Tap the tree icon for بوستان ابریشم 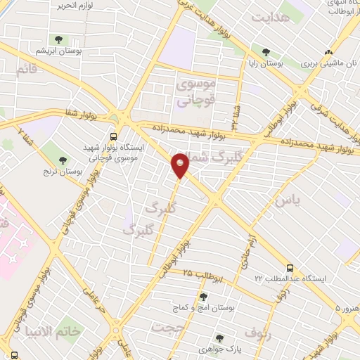point(56,39)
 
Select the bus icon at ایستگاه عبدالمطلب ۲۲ point(290,267)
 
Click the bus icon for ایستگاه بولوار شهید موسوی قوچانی point(113,137)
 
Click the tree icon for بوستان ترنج point(63,160)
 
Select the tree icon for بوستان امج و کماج point(203,296)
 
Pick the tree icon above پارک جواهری point(220,337)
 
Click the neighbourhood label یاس point(286,201)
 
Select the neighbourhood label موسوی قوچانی point(199,93)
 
